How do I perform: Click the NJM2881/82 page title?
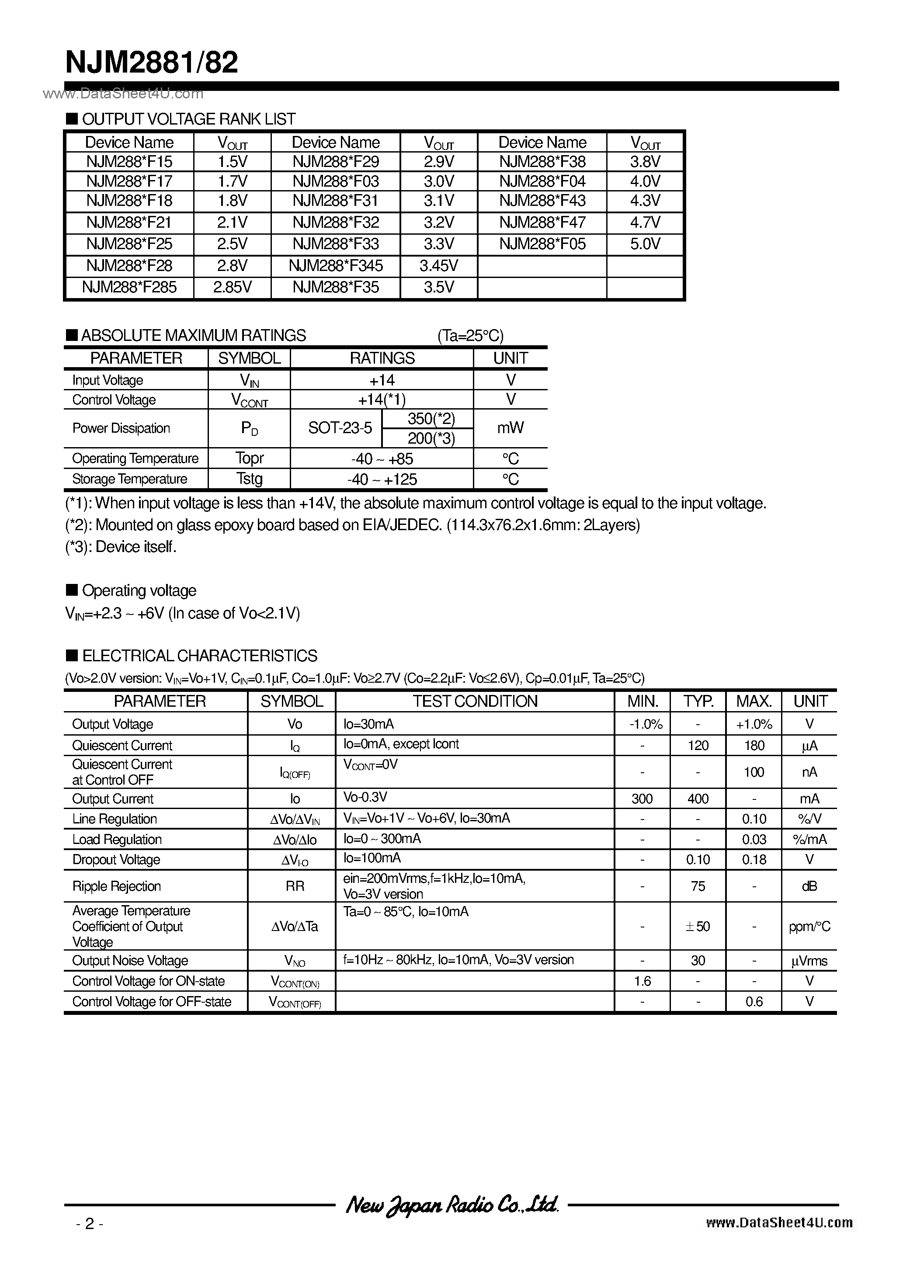[x=151, y=63]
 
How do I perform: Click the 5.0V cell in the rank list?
[x=645, y=244]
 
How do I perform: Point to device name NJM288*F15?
[x=129, y=161]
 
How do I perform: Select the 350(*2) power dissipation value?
[x=431, y=419]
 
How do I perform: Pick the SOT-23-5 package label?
[x=340, y=428]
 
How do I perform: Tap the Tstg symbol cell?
[x=249, y=479]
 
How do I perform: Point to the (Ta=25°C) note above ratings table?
[x=470, y=336]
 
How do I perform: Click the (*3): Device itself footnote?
[x=121, y=547]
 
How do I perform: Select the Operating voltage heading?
[x=139, y=590]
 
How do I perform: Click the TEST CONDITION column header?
[x=475, y=702]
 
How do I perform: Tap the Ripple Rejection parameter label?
[x=116, y=886]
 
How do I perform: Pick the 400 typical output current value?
[x=698, y=799]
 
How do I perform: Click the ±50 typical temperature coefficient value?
[x=698, y=926]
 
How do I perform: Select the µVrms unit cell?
[x=809, y=961]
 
